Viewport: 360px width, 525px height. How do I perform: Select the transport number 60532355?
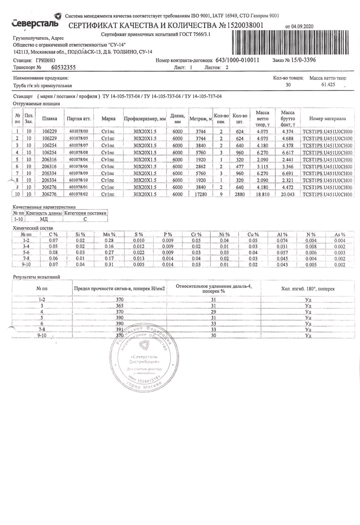(63, 68)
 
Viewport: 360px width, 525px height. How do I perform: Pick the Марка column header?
(108, 119)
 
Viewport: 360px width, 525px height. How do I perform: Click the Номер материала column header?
(327, 119)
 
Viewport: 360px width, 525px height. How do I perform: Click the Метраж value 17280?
(201, 194)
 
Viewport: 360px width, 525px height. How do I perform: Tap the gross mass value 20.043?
(288, 194)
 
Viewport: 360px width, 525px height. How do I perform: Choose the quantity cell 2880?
(240, 194)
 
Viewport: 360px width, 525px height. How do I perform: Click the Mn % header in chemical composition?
(109, 234)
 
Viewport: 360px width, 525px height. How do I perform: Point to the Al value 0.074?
(282, 241)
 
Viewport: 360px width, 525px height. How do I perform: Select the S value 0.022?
(139, 253)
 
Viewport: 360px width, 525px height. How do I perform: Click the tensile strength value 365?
(120, 306)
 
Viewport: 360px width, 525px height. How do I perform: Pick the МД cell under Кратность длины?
(44, 219)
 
